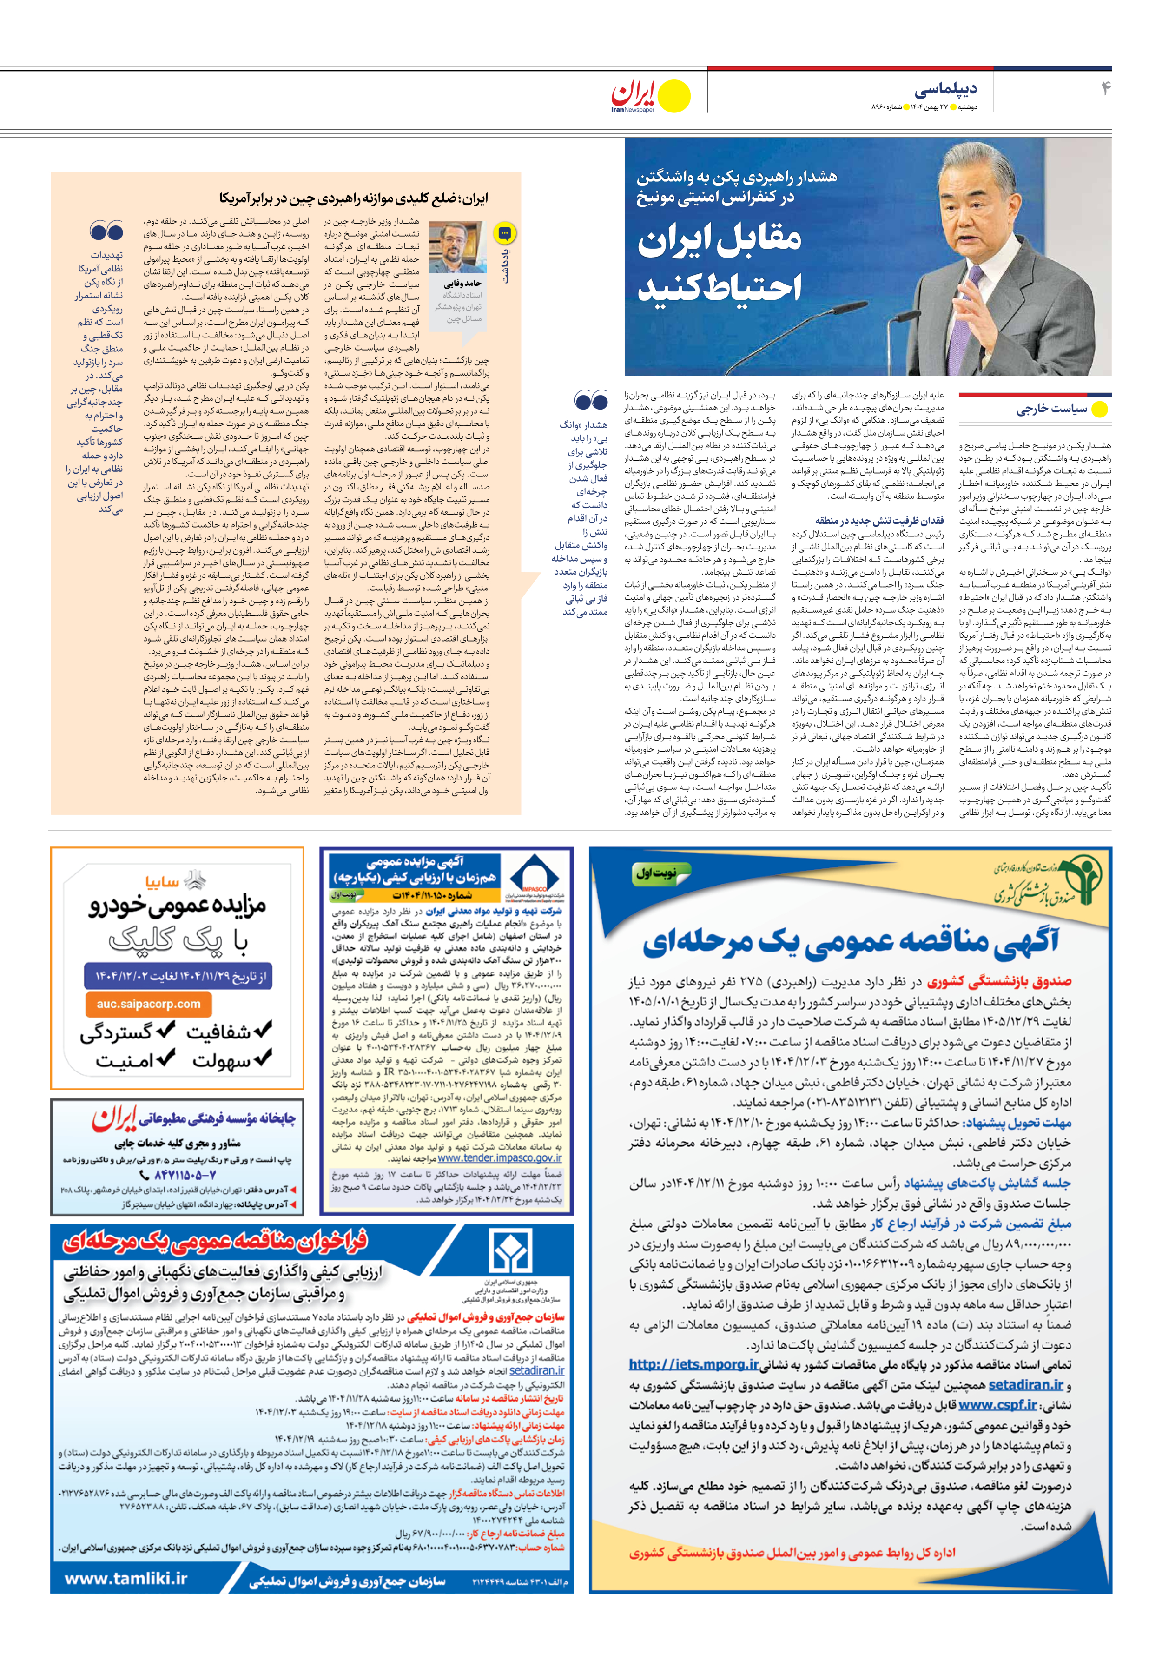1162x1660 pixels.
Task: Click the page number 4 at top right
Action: click(1105, 88)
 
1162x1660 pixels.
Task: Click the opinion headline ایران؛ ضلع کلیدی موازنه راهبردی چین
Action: click(354, 198)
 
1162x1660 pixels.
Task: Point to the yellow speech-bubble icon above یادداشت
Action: click(504, 233)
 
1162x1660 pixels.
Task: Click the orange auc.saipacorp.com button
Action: click(148, 1004)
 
